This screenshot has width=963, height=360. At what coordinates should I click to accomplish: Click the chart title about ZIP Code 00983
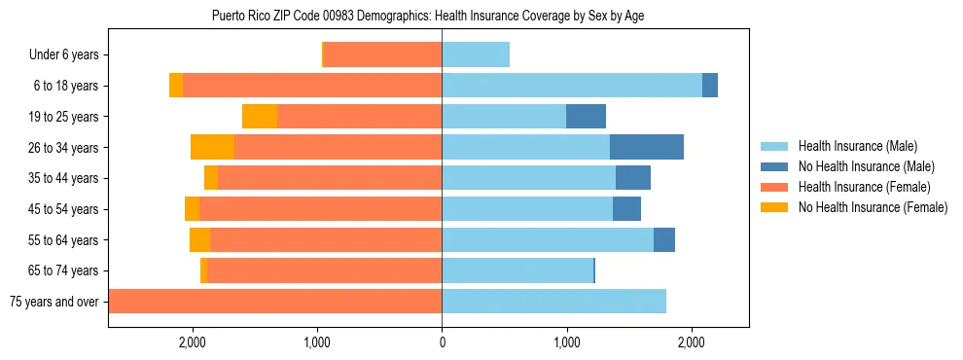point(428,16)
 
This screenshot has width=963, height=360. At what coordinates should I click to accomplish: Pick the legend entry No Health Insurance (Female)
point(873,207)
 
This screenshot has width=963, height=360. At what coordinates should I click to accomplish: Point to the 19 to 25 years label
point(64,117)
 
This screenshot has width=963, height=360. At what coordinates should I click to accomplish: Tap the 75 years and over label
point(54,302)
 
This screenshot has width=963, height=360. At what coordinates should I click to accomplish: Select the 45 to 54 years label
point(64,209)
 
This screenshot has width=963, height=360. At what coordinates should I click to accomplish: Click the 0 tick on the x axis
point(442,342)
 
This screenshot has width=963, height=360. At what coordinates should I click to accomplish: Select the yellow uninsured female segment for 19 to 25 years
point(260,117)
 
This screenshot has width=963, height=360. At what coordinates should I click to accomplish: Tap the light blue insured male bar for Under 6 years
point(476,55)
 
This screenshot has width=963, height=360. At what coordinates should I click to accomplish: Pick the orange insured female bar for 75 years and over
point(275,302)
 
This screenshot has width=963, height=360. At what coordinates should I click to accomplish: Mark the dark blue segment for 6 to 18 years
point(710,86)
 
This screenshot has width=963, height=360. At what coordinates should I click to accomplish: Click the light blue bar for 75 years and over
point(553,302)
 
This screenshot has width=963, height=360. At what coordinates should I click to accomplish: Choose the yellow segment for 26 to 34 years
point(213,147)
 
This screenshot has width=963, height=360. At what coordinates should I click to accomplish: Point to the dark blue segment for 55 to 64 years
point(664,240)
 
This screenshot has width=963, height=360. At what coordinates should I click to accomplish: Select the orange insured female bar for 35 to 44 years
point(330,178)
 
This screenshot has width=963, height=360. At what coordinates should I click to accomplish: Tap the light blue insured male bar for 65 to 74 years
point(517,270)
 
